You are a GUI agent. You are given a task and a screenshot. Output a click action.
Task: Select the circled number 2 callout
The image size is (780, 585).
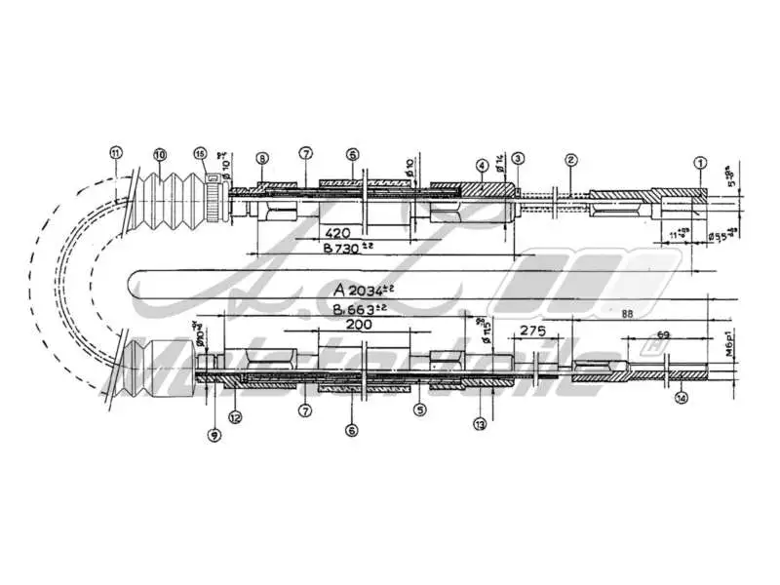coord(571,159)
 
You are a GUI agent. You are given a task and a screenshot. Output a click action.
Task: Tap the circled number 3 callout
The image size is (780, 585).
coord(518,158)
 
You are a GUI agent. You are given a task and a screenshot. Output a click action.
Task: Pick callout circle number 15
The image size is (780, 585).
coord(200,154)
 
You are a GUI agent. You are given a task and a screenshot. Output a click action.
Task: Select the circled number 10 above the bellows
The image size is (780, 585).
coord(160,154)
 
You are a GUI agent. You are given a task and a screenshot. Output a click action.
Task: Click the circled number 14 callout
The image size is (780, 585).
coord(682,397)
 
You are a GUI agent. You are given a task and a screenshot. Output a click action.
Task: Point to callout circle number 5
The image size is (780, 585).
coord(420,410)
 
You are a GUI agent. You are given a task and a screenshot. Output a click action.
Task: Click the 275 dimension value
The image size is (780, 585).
coord(532,331)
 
